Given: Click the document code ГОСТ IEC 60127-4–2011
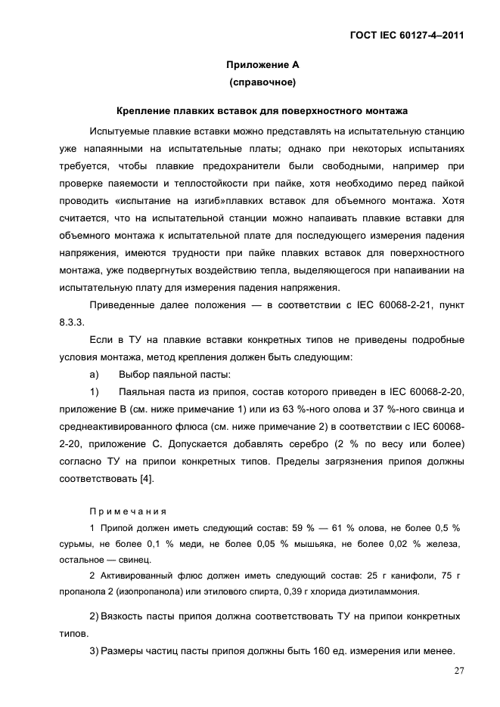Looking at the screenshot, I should (406, 36).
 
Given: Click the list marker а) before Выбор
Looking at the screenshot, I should (95, 375).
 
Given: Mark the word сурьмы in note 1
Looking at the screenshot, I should (77, 543).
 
